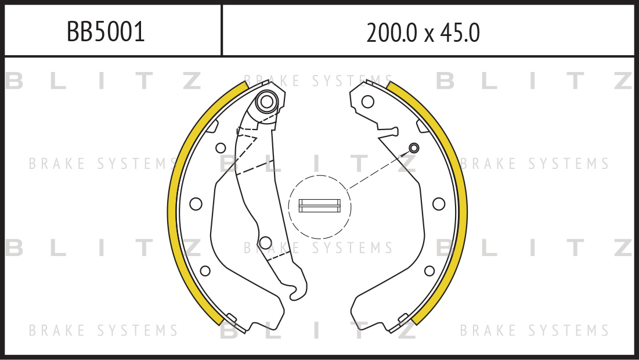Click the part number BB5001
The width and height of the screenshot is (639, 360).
(106, 32)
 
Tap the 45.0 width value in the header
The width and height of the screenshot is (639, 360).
(460, 33)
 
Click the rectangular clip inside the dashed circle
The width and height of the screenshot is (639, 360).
(319, 206)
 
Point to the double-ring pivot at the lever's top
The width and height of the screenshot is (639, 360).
(267, 102)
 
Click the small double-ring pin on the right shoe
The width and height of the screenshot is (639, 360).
(414, 147)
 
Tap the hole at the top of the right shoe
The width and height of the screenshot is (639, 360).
(367, 102)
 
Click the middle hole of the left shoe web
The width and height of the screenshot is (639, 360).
(196, 204)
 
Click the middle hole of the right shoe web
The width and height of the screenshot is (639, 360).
(439, 204)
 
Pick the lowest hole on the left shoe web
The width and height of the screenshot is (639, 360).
(205, 271)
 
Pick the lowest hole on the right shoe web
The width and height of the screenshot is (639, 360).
(429, 271)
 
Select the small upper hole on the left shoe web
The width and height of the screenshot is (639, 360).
(221, 148)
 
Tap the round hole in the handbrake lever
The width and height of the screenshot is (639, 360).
(265, 243)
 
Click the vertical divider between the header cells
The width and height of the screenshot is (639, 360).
(222, 30)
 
